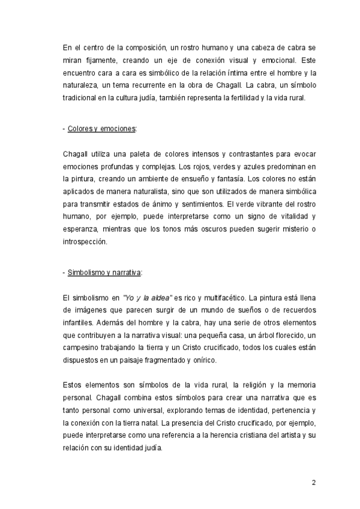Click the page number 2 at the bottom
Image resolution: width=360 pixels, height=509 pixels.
tap(313, 483)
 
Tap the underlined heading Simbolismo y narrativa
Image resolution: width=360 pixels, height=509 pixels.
tap(104, 273)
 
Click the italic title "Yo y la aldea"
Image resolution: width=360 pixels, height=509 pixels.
tap(148, 297)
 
